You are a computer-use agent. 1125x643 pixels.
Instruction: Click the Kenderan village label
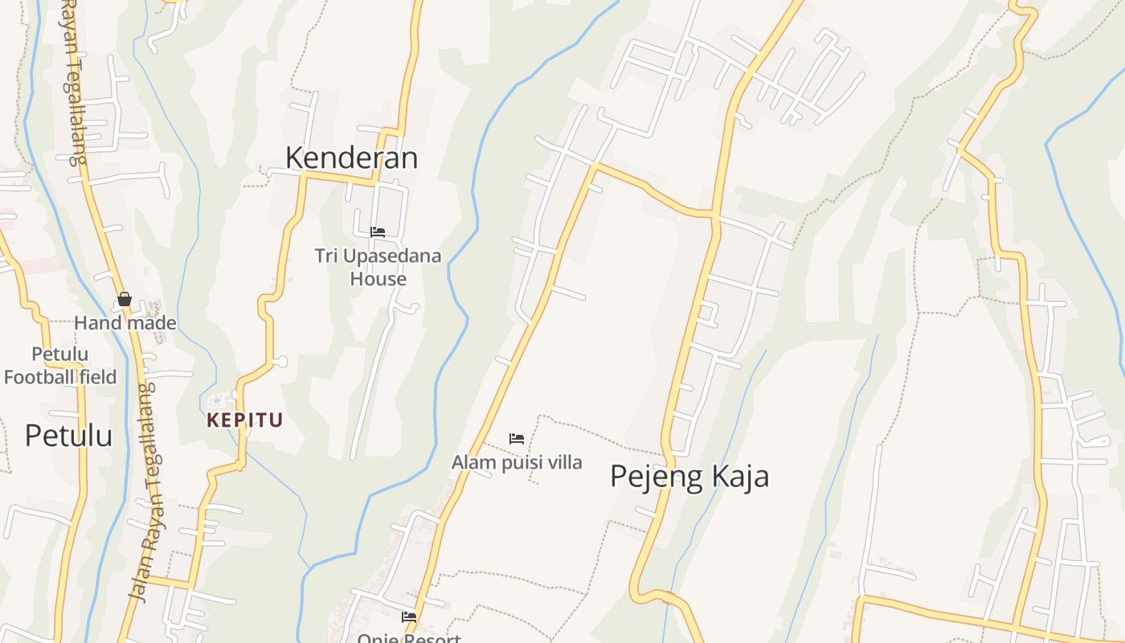click(351, 158)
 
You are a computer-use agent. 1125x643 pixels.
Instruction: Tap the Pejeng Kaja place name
click(689, 476)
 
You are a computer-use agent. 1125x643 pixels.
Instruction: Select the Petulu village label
click(68, 435)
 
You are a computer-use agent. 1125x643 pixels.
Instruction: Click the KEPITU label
click(245, 420)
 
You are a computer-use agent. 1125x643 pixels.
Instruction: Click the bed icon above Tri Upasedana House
click(378, 232)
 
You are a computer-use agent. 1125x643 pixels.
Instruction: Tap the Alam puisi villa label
click(517, 462)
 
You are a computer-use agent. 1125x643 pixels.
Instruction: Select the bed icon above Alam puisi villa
click(517, 439)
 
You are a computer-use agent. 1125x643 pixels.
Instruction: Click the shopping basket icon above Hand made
click(125, 300)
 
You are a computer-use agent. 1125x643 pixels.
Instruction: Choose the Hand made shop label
click(125, 322)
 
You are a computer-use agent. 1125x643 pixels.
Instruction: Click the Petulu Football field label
click(60, 365)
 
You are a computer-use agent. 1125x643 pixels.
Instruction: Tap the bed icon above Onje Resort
click(409, 617)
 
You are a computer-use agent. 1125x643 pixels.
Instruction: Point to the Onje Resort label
click(409, 638)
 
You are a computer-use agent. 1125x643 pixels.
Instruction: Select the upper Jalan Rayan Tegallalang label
click(73, 80)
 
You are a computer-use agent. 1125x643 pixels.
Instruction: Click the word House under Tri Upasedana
click(378, 279)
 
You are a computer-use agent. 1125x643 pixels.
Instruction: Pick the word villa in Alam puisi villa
click(566, 462)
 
